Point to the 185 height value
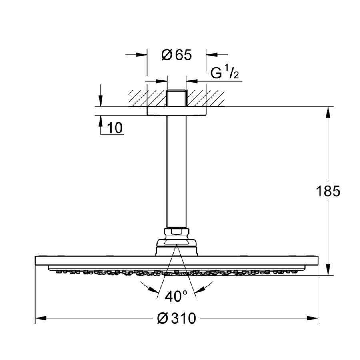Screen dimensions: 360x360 (327, 191)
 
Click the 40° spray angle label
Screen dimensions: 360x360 (176, 297)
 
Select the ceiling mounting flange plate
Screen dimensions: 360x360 (176, 111)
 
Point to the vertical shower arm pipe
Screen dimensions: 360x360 (176, 172)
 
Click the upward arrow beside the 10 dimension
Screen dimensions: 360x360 (100, 120)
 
